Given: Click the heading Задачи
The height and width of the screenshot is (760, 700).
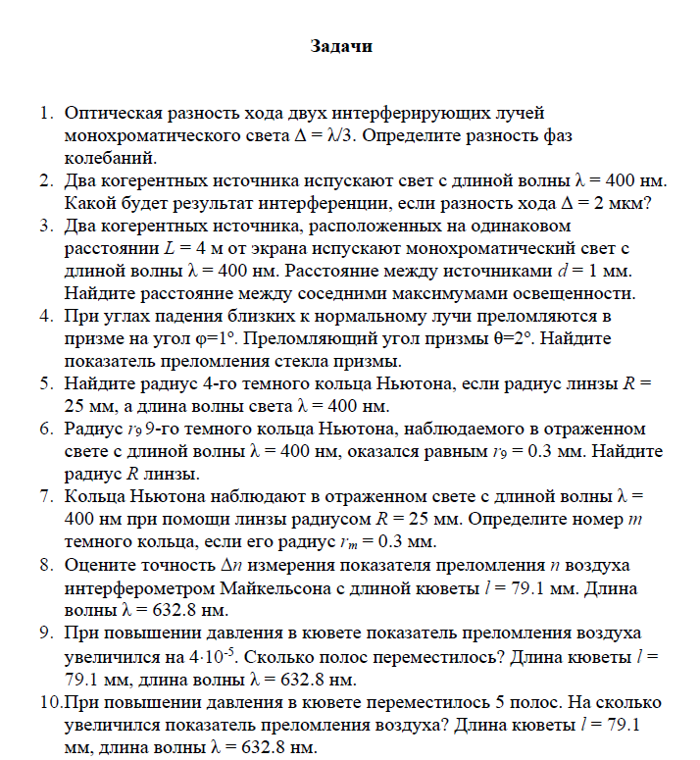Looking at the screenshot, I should [x=341, y=45].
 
